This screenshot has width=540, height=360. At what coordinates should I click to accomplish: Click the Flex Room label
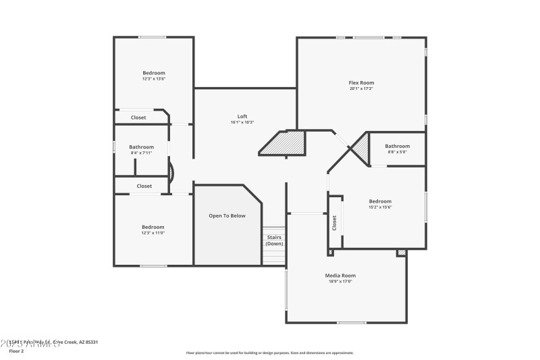[x=361, y=82]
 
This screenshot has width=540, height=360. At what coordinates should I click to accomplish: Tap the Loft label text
[x=242, y=116]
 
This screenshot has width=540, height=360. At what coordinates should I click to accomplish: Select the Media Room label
[x=340, y=276]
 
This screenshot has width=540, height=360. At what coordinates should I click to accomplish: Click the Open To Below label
[x=227, y=215]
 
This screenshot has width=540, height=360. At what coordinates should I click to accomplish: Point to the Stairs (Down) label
[x=274, y=240]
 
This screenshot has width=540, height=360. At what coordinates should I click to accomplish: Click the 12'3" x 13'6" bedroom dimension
[x=153, y=79]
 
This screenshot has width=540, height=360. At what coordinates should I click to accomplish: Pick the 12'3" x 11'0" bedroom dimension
[x=153, y=233]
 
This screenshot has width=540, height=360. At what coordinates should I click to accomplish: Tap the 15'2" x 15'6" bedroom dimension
[x=380, y=207]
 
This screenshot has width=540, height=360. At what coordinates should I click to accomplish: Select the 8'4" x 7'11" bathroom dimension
[x=141, y=153]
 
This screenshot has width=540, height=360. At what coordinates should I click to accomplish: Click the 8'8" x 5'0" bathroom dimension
[x=397, y=152]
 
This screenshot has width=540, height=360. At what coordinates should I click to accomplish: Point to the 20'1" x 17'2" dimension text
[x=361, y=88]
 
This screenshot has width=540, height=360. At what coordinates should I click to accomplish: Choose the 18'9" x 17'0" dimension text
[x=340, y=282]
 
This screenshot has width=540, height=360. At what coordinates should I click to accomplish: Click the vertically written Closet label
[x=334, y=223]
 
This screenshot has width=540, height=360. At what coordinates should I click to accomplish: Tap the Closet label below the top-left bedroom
[x=138, y=118]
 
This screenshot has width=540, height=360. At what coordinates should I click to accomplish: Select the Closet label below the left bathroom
[x=144, y=186]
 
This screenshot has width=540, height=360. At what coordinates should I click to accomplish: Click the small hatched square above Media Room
[x=402, y=253]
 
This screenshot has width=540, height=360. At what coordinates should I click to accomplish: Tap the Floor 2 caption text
[x=16, y=351]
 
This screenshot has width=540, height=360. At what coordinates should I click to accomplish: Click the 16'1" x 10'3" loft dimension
[x=242, y=122]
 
